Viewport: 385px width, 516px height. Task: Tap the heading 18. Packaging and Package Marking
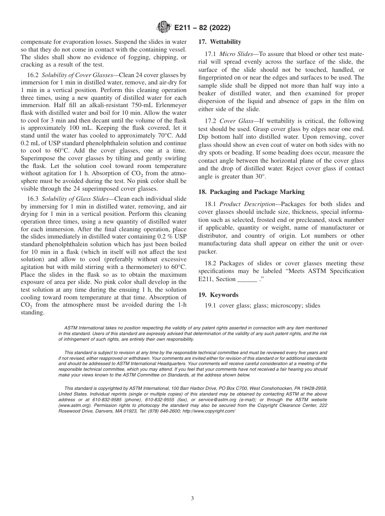tap(251, 192)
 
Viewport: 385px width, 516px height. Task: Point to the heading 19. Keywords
tap(218, 295)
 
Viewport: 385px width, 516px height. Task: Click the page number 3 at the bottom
tap(192, 498)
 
